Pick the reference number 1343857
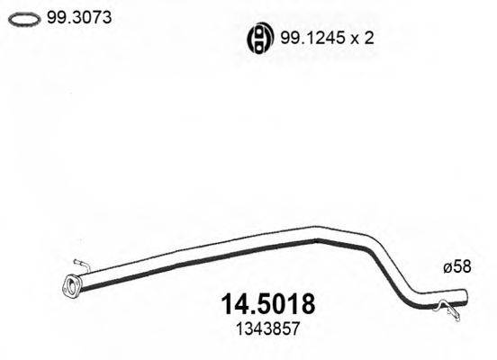[267, 329]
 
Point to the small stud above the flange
[79, 264]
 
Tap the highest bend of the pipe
[317, 231]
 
